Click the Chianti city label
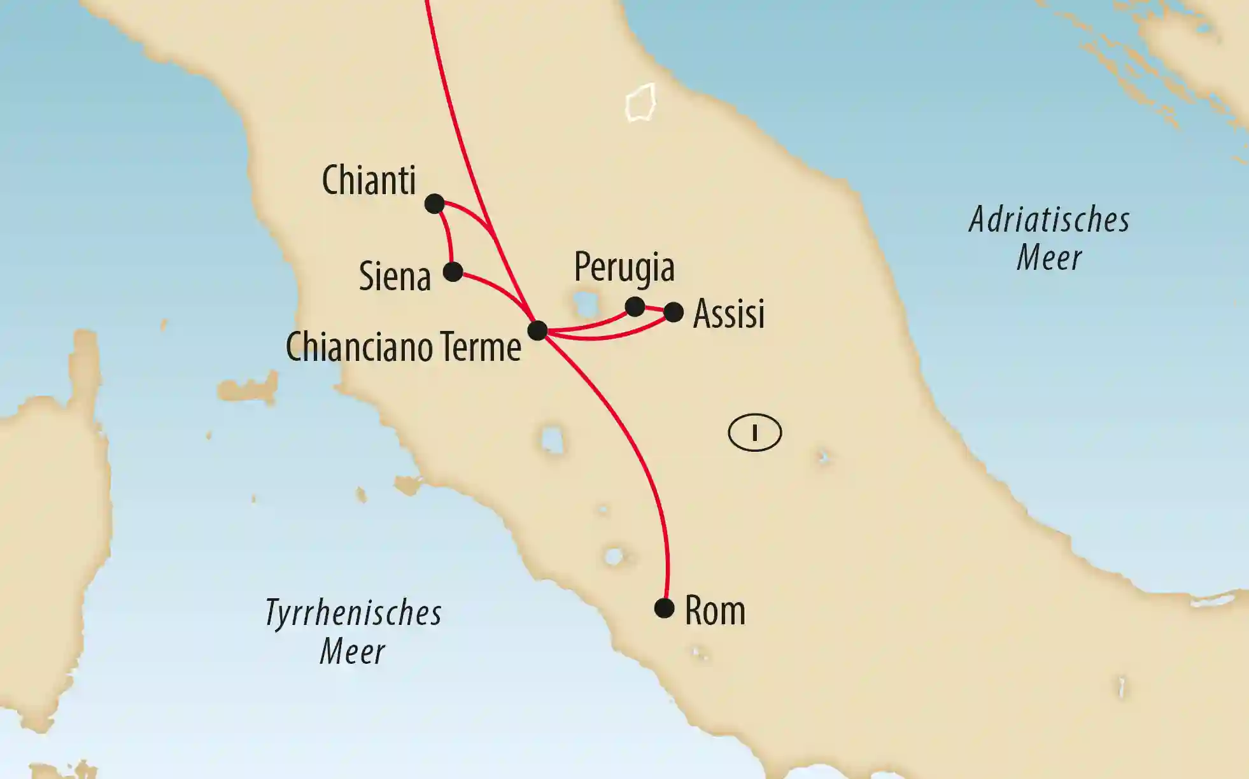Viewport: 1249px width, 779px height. point(369,180)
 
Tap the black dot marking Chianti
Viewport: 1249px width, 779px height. point(434,204)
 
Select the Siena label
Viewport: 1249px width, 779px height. point(395,277)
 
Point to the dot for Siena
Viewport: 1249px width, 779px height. point(453,272)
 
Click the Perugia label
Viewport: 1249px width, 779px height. point(624,267)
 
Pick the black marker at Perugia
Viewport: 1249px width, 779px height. point(635,307)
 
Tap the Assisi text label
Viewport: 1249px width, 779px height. point(728,314)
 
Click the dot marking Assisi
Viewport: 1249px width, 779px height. point(674,312)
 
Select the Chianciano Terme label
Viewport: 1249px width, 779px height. point(403,347)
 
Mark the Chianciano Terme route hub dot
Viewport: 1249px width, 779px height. point(537,330)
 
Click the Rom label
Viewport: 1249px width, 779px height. point(714,611)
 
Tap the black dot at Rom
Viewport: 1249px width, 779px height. point(664,608)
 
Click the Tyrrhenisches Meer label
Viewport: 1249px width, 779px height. point(353,632)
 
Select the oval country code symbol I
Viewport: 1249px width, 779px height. point(754,433)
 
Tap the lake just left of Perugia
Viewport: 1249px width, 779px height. point(583,304)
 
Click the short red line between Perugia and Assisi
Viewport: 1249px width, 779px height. point(654,309)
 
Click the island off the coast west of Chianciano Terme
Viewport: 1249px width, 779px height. point(248,388)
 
